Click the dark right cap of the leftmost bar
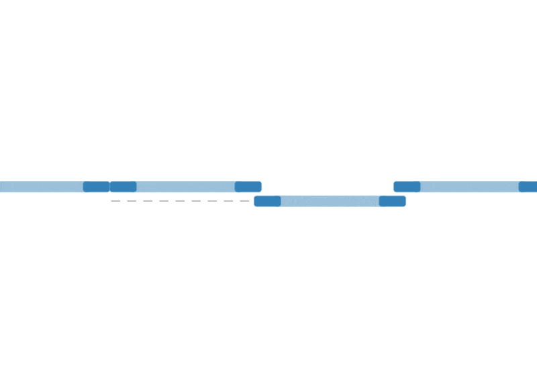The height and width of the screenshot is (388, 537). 96,187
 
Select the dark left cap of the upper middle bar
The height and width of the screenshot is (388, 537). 124,187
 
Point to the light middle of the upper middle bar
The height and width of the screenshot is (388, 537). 185,187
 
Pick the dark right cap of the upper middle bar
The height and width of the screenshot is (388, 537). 248,187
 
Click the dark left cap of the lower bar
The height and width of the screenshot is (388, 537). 267,201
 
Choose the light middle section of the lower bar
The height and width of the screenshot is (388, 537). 330,201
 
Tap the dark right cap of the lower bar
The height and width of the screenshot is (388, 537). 392,201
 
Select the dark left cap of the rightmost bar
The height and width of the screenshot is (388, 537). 407,187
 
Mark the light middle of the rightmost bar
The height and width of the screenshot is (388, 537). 469,187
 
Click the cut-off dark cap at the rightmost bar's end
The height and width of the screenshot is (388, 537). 528,187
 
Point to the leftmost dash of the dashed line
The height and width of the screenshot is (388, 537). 115,201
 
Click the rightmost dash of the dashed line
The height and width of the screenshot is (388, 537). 244,201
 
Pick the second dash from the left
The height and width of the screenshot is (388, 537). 131,201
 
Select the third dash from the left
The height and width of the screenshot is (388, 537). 147,201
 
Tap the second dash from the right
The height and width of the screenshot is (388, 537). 228,201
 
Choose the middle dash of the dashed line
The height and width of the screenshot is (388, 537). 180,201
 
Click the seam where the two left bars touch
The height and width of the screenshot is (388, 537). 110,187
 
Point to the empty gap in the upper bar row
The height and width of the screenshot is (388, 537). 328,187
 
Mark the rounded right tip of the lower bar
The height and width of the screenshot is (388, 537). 405,201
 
